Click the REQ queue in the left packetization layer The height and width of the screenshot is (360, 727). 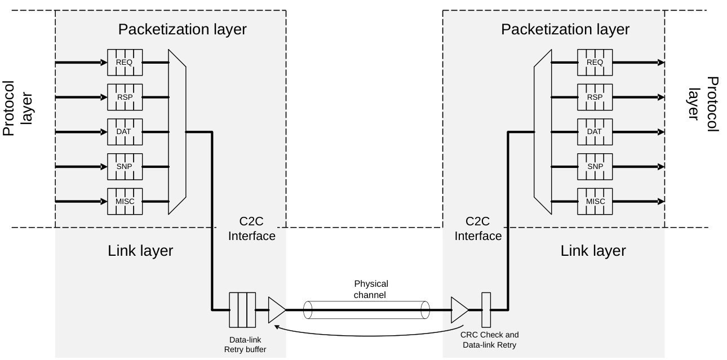click(125, 63)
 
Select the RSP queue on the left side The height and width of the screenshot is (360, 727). click(125, 97)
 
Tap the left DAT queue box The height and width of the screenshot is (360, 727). click(125, 132)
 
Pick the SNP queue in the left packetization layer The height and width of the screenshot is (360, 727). click(125, 167)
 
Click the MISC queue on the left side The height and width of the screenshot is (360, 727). click(125, 201)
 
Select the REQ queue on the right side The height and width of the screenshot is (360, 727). click(595, 63)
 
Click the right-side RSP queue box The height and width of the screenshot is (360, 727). click(595, 97)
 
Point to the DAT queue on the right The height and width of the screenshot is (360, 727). click(595, 132)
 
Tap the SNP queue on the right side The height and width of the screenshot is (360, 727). click(595, 167)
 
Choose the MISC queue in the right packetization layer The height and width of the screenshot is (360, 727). click(595, 201)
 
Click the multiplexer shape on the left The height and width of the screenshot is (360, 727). click(177, 132)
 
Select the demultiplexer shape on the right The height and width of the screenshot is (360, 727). click(542, 132)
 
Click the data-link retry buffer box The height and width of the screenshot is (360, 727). click(242, 309)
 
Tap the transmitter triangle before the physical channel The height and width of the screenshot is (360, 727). click(276, 309)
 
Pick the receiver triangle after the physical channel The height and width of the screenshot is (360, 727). click(460, 309)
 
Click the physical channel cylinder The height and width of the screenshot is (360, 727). click(366, 310)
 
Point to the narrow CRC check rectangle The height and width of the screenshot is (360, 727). click(486, 309)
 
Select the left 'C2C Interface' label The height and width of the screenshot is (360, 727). click(251, 229)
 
